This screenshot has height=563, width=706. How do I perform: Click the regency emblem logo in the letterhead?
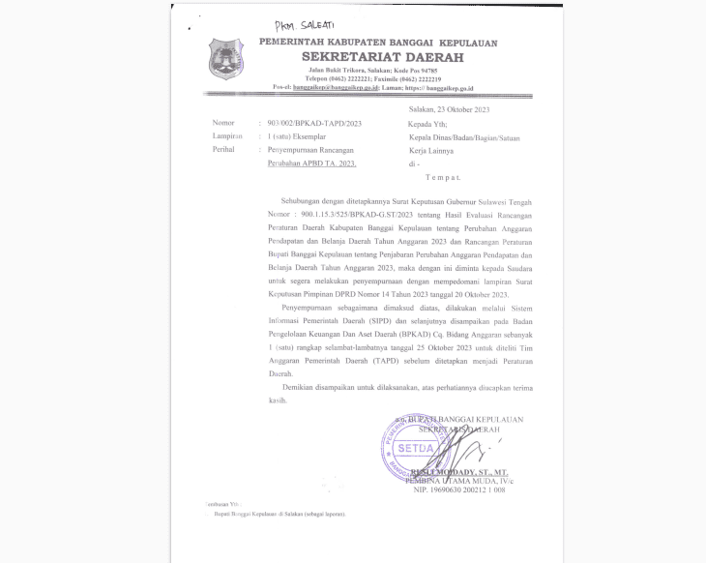(227, 57)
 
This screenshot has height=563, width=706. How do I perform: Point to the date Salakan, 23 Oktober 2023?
(450, 110)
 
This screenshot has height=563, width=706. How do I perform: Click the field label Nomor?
(222, 124)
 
